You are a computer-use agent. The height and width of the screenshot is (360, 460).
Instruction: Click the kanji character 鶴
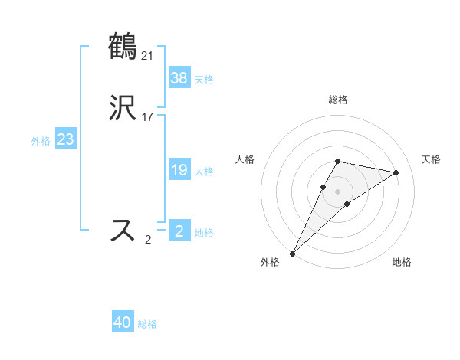pos(123,46)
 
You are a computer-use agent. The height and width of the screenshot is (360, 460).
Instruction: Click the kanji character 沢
pos(123,110)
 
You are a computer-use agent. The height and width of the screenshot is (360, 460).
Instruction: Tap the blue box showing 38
pos(179,78)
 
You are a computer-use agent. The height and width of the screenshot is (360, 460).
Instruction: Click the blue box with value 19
pos(179,170)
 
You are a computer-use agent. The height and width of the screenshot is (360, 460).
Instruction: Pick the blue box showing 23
pos(65,140)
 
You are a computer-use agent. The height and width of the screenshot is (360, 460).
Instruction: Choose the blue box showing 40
pos(123,322)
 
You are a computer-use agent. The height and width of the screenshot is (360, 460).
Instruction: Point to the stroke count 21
pos(148,55)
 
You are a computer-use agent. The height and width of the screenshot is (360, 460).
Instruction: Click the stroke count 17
pos(148,117)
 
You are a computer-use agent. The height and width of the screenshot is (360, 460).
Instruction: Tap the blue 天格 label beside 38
pos(204,80)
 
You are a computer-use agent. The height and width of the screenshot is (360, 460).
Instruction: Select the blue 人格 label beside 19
pos(204,172)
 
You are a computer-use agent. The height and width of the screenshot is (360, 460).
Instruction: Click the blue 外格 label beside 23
pos(41,141)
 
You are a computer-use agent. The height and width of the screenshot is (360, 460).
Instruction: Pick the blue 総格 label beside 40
pos(147,324)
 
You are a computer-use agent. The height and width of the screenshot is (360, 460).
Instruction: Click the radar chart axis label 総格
pos(338,100)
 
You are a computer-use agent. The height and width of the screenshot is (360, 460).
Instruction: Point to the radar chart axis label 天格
pos(431,159)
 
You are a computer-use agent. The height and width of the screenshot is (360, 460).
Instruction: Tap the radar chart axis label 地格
pos(402,263)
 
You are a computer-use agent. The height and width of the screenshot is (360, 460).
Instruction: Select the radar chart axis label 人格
pos(245,159)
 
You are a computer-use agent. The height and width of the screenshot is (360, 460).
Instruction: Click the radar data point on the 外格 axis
pos(292,254)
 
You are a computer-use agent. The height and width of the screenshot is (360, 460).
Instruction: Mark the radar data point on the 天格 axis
pos(396,172)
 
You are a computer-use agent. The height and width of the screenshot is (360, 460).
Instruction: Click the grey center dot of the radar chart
pos(338,191)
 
